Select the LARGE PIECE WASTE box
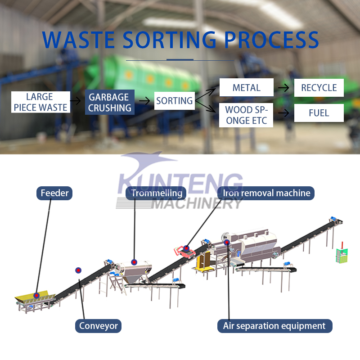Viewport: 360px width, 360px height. (40, 102)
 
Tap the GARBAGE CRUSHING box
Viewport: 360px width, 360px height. (109, 103)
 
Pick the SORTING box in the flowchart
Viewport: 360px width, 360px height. (174, 101)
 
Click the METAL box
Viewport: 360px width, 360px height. (246, 87)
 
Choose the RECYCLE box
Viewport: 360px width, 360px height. (319, 87)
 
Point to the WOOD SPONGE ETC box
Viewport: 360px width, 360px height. (246, 115)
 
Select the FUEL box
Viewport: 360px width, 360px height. (319, 113)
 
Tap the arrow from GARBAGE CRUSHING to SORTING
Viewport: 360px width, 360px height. (144, 101)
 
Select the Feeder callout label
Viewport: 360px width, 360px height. (54, 193)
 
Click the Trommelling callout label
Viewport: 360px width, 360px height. (156, 193)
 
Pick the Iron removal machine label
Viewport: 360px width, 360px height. (266, 193)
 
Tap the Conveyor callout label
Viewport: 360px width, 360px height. (98, 326)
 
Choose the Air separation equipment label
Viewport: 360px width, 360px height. (274, 326)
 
